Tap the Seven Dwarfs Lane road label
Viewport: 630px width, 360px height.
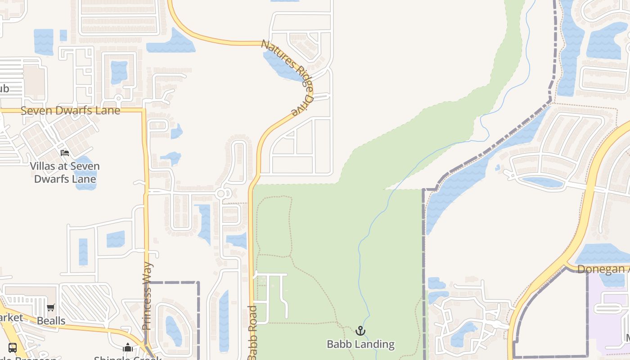coord(71,111)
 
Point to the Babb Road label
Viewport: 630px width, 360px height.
coord(252,333)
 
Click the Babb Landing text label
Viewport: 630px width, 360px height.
coord(360,345)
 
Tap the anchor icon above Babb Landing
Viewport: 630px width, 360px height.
coord(360,331)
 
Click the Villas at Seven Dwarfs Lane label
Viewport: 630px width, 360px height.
coord(65,172)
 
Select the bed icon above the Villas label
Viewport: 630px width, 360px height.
coord(65,153)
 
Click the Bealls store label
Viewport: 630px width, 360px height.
coord(51,321)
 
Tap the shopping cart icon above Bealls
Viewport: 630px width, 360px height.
coord(51,308)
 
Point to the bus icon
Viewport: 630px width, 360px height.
coord(13,347)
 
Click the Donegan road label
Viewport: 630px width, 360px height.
coord(603,269)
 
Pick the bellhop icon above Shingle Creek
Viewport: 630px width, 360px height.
coord(128,348)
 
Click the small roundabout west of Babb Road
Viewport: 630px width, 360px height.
coord(220,194)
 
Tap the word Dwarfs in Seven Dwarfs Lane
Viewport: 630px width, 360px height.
coord(75,111)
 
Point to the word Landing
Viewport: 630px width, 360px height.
coord(374,345)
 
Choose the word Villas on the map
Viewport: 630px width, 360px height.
coord(44,166)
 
